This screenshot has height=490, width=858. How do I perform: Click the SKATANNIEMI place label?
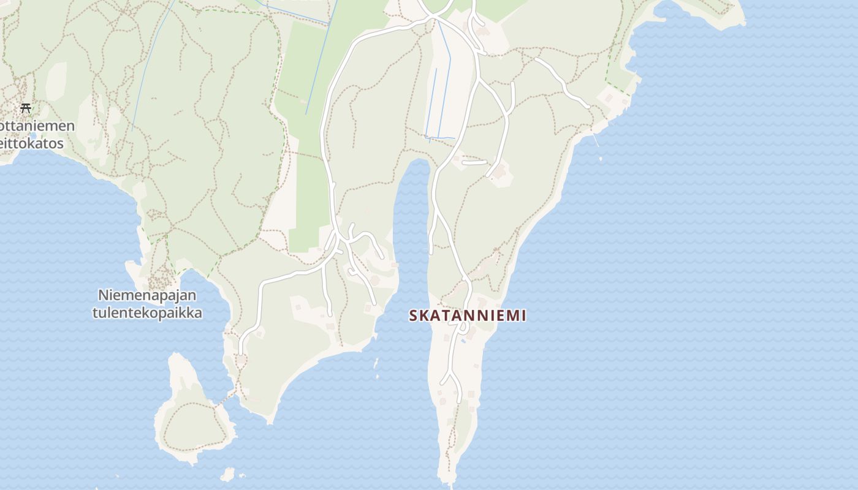tap(467, 315)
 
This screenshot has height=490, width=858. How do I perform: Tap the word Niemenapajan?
tap(147, 295)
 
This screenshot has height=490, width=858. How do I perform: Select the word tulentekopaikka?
tap(147, 312)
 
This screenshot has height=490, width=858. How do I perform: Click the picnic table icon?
tap(25, 108)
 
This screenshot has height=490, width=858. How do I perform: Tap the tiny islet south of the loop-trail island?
tap(227, 474)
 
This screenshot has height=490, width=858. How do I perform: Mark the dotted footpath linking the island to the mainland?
tap(226, 398)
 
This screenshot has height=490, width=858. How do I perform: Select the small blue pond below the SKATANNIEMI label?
tap(463, 341)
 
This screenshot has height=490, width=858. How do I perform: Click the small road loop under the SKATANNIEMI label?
tap(465, 329)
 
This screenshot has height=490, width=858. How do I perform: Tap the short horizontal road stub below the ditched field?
tap(474, 163)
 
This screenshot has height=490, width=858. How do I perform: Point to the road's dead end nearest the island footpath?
tap(241, 353)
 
